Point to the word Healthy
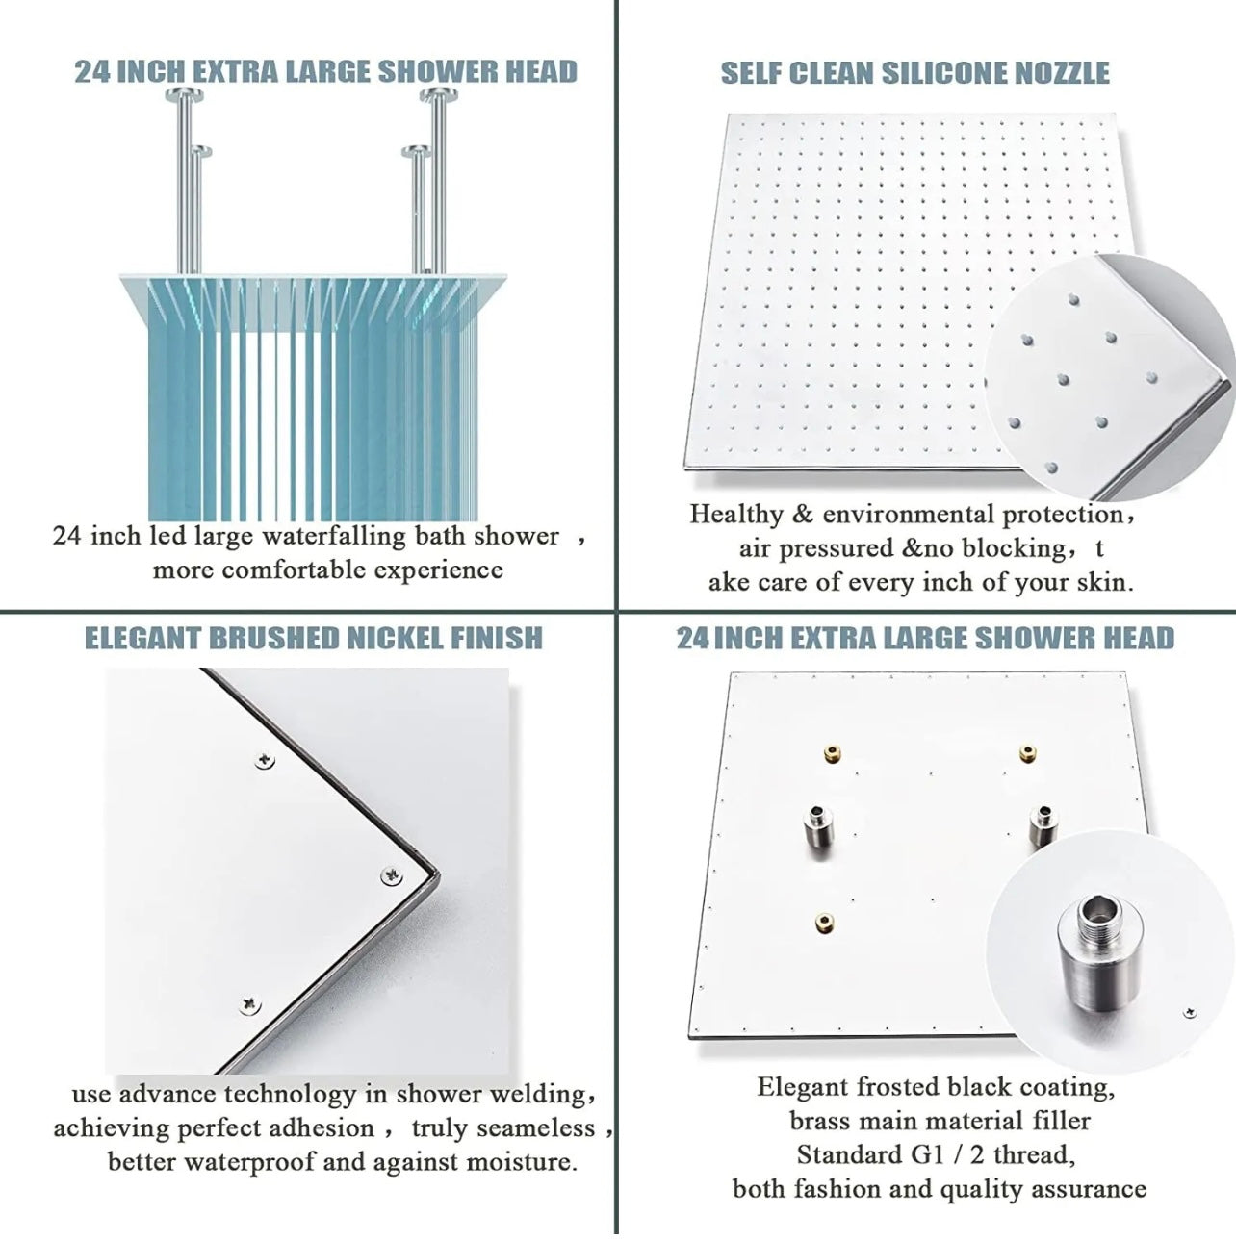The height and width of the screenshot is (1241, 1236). tap(736, 515)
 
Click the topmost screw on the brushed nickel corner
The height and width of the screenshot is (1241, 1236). tap(264, 761)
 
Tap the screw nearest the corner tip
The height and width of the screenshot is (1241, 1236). tap(392, 875)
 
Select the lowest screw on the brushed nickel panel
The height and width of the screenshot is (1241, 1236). tap(250, 1004)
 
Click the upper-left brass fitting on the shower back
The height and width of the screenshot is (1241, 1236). tap(833, 753)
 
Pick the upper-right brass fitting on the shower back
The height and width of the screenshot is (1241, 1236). tap(1028, 752)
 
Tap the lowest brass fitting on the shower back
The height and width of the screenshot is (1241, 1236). tap(825, 923)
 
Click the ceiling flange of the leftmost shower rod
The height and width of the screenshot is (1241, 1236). tap(184, 95)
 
